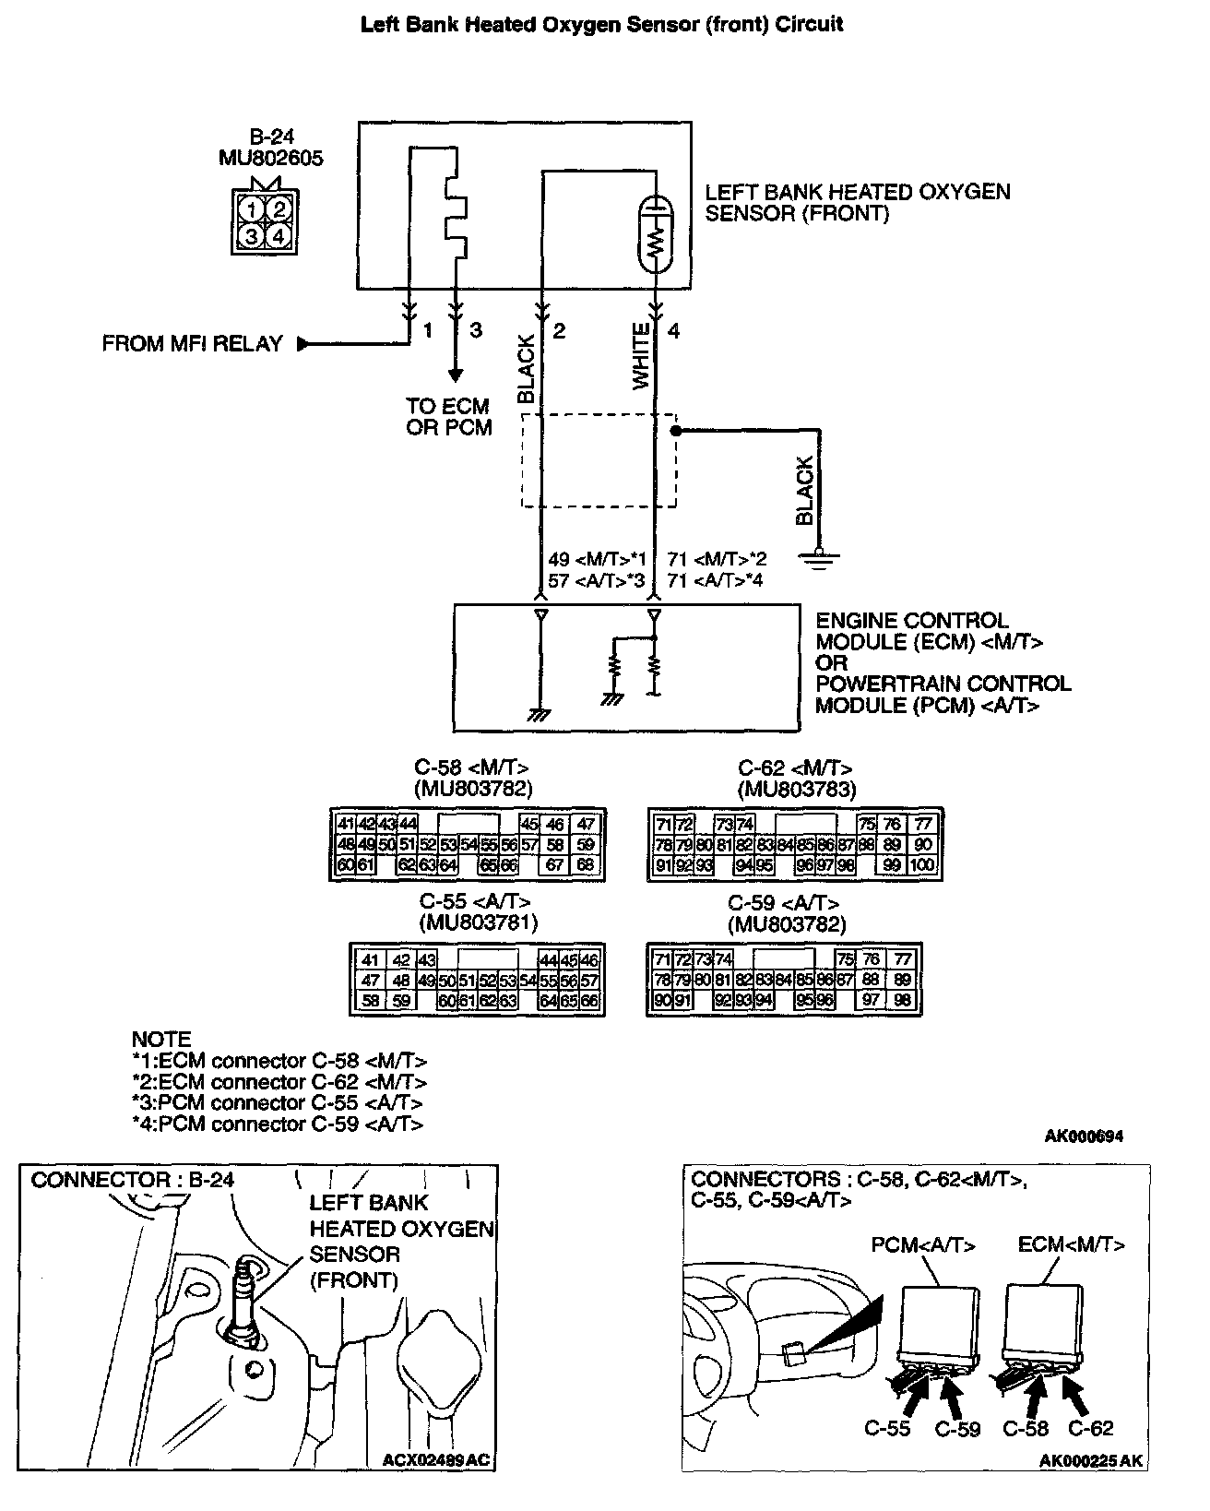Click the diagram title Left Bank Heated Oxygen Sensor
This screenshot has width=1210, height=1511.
[601, 25]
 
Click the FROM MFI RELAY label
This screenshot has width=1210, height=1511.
[192, 344]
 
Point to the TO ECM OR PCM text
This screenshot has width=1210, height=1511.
[448, 417]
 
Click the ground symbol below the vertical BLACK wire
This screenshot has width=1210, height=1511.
[818, 557]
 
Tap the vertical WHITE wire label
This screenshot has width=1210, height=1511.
[642, 356]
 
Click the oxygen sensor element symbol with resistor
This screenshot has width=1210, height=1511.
[655, 235]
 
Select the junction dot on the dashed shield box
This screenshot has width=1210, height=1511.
[675, 431]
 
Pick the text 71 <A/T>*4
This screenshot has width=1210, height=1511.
[716, 581]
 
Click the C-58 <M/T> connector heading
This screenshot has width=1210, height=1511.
[472, 767]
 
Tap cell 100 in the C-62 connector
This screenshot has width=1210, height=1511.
[922, 865]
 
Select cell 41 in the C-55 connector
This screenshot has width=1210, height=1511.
[370, 960]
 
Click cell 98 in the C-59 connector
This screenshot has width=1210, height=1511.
[902, 1001]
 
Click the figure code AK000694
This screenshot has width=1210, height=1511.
[1084, 1136]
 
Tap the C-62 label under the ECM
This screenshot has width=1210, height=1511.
[1091, 1429]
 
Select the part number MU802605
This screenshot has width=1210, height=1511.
[270, 158]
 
